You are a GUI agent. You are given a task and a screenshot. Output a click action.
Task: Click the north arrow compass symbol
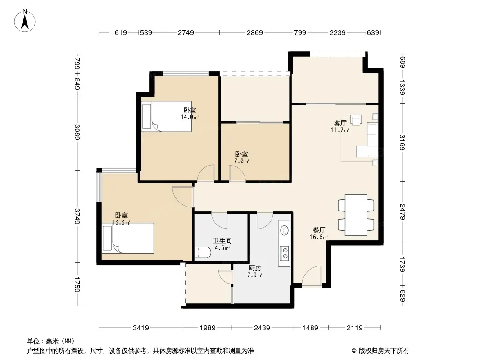pyautogui.click(x=25, y=20)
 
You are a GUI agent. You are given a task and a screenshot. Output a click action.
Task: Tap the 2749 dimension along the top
pyautogui.click(x=186, y=32)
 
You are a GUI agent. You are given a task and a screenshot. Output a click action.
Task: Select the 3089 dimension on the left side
pyautogui.click(x=77, y=132)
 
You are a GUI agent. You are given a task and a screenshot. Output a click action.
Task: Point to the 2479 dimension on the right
pyautogui.click(x=403, y=211)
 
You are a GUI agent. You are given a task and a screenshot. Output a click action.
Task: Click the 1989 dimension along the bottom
pyautogui.click(x=208, y=328)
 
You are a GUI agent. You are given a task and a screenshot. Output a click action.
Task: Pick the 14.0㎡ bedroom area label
pyautogui.click(x=190, y=117)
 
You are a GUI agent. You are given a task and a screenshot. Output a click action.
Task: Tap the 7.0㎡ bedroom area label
pyautogui.click(x=241, y=161)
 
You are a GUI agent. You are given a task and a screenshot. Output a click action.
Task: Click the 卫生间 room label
pyautogui.click(x=222, y=241)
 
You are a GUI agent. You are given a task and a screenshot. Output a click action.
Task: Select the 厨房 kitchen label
pyautogui.click(x=255, y=268)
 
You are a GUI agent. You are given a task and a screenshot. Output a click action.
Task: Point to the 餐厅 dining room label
pyautogui.click(x=319, y=230)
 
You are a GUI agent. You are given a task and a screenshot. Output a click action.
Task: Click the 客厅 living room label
pyautogui.click(x=340, y=123)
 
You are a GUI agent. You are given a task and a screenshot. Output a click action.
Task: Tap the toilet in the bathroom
pyautogui.click(x=202, y=252)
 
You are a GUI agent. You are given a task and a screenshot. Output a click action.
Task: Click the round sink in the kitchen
pyautogui.click(x=285, y=230)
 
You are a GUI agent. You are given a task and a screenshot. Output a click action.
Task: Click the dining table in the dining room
pyautogui.click(x=356, y=215)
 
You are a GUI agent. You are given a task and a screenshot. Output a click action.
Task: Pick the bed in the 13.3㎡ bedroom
pyautogui.click(x=128, y=238)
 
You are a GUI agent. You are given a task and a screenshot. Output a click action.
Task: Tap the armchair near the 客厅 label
pyautogui.click(x=356, y=120)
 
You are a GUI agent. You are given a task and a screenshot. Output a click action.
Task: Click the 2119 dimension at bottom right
pyautogui.click(x=354, y=328)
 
